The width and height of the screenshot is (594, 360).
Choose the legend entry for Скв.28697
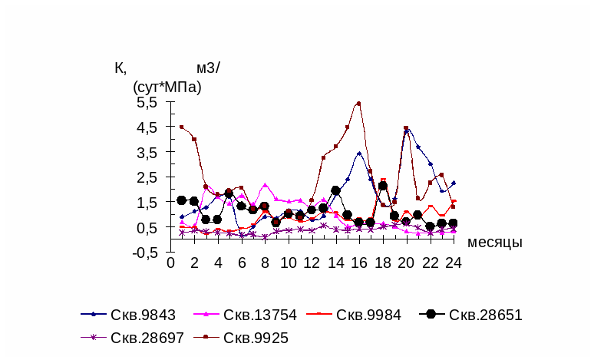click(x=146, y=337)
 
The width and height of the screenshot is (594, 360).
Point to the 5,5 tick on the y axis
click(x=146, y=101)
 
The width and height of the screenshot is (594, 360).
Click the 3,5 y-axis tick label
click(x=146, y=152)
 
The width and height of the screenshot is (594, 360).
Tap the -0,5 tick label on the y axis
click(x=144, y=253)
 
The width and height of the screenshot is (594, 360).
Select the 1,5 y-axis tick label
click(x=146, y=203)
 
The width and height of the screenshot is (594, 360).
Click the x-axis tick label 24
click(x=453, y=263)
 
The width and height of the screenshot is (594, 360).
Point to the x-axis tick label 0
click(x=170, y=263)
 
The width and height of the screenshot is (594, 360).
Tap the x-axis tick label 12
click(x=312, y=263)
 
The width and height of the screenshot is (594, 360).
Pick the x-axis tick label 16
click(x=358, y=263)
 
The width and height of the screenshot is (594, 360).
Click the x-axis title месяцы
click(x=494, y=243)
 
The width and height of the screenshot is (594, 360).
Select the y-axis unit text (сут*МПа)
click(x=167, y=87)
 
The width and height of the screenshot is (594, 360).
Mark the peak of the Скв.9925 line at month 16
click(x=358, y=104)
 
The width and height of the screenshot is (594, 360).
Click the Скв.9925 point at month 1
click(x=182, y=127)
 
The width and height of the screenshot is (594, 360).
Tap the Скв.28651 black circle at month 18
click(x=382, y=186)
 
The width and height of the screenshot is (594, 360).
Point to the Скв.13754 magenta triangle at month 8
click(x=265, y=185)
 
